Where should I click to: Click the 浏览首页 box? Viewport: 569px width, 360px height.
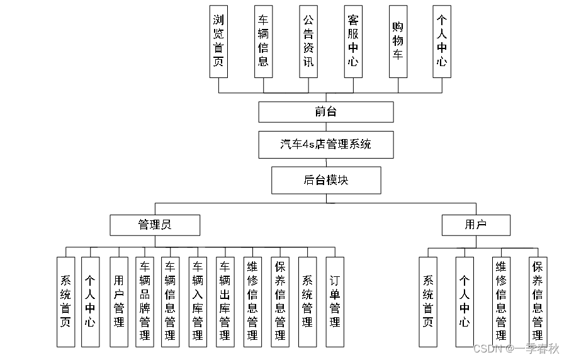218,42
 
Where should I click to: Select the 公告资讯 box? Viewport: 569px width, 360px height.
308,42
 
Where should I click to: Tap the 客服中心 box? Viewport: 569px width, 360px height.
353,42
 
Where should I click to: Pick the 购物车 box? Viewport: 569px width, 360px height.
397,42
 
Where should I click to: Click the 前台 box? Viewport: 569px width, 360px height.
325,112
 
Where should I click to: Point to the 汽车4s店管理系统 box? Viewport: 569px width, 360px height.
325,145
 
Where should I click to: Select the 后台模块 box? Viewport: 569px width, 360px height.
325,180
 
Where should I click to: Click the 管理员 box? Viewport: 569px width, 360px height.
154,225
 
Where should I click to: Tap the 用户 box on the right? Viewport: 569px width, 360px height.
475,225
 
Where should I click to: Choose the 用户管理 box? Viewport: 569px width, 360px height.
119,301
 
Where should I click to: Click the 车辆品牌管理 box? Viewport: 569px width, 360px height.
145,301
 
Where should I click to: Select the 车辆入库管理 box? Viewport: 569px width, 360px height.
198,301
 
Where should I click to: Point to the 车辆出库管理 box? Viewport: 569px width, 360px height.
225,301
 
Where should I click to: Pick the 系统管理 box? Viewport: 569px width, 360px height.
307,301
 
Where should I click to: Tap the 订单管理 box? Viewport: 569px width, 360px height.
335,301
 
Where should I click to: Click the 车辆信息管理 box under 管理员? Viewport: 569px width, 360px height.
170,301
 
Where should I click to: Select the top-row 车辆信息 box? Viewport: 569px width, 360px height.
263,42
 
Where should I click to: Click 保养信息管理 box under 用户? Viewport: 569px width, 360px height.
538,301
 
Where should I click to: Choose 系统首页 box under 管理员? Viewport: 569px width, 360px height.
65,301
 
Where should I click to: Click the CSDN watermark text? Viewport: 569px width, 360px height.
515,349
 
